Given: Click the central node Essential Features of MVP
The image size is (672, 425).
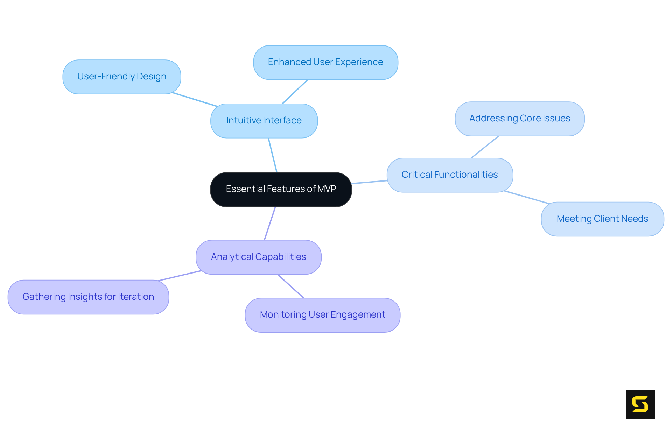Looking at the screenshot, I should (281, 189).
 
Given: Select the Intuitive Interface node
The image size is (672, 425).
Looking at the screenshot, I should (264, 121).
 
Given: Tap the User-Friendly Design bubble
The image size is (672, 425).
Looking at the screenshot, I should (121, 77).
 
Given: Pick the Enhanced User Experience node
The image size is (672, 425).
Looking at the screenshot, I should (325, 62).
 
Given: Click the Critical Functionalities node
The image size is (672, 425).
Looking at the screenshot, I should (450, 175).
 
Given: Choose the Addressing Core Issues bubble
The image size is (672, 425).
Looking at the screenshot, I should (520, 119).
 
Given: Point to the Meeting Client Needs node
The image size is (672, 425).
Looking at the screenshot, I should (602, 219).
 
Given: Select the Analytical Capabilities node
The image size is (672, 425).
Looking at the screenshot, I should (258, 257).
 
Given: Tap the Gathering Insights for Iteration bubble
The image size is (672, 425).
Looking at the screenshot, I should (88, 297).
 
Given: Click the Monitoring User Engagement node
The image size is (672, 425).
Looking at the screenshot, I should (322, 315).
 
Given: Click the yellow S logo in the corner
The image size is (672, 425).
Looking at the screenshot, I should (640, 404).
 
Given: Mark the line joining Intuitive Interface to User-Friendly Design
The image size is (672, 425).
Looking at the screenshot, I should (195, 100).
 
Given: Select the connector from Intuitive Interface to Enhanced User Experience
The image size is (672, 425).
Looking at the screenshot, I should (295, 92).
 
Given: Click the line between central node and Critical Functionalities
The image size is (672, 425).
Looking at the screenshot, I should (369, 182).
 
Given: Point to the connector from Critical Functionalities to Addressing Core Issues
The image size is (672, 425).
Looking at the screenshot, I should (485, 147).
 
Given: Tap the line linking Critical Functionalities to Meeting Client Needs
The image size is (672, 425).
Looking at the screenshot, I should (527, 197).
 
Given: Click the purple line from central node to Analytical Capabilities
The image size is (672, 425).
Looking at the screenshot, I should (270, 223).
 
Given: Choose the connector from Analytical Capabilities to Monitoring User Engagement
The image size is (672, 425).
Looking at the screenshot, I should (291, 286).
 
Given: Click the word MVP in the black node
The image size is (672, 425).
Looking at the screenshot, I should (327, 189).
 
